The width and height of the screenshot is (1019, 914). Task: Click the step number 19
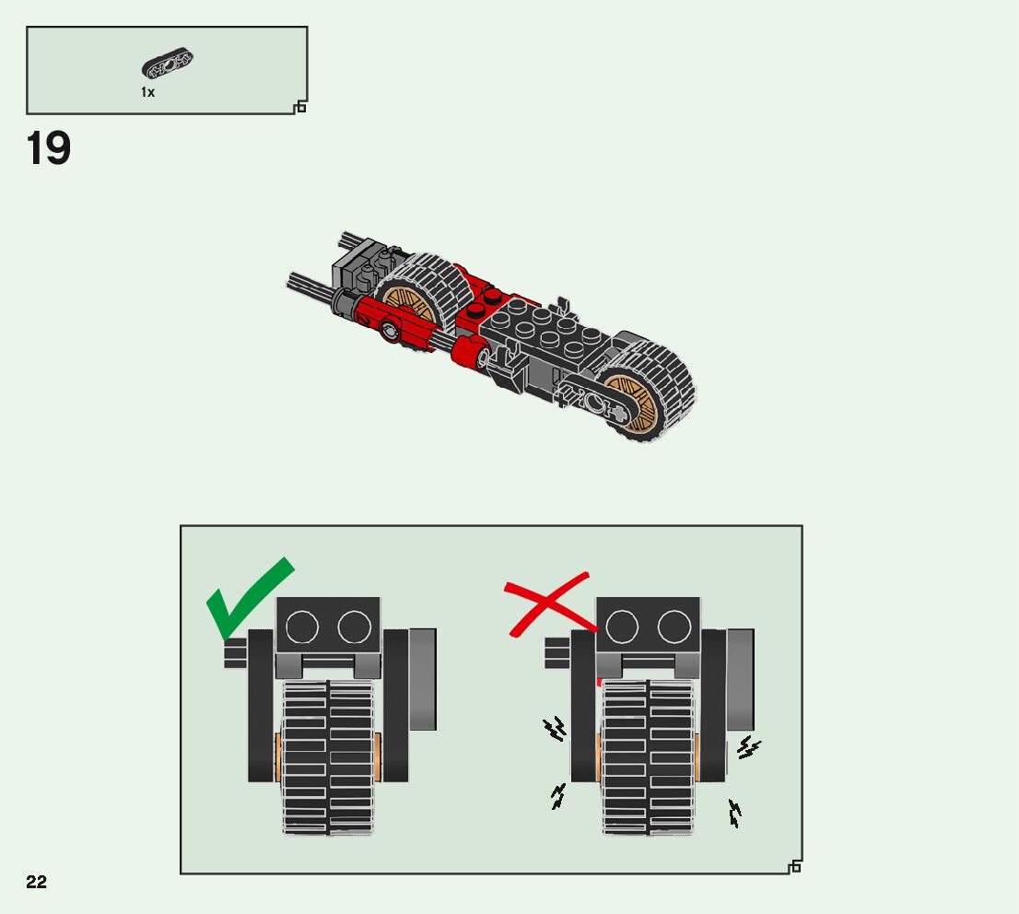point(49,149)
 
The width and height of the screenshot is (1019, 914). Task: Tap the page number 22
point(36,883)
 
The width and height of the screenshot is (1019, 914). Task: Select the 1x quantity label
point(147,92)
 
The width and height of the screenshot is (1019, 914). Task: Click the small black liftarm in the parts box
point(167,64)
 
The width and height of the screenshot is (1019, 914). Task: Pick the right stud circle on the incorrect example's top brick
point(674,627)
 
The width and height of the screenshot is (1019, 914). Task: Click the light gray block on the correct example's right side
point(423,679)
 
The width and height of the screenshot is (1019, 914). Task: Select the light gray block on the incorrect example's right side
point(741,679)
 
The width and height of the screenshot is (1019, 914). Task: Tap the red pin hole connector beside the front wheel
point(391,326)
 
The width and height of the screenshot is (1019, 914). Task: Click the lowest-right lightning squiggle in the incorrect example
point(734,813)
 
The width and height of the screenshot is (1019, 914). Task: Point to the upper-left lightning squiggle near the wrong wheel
point(555,731)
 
